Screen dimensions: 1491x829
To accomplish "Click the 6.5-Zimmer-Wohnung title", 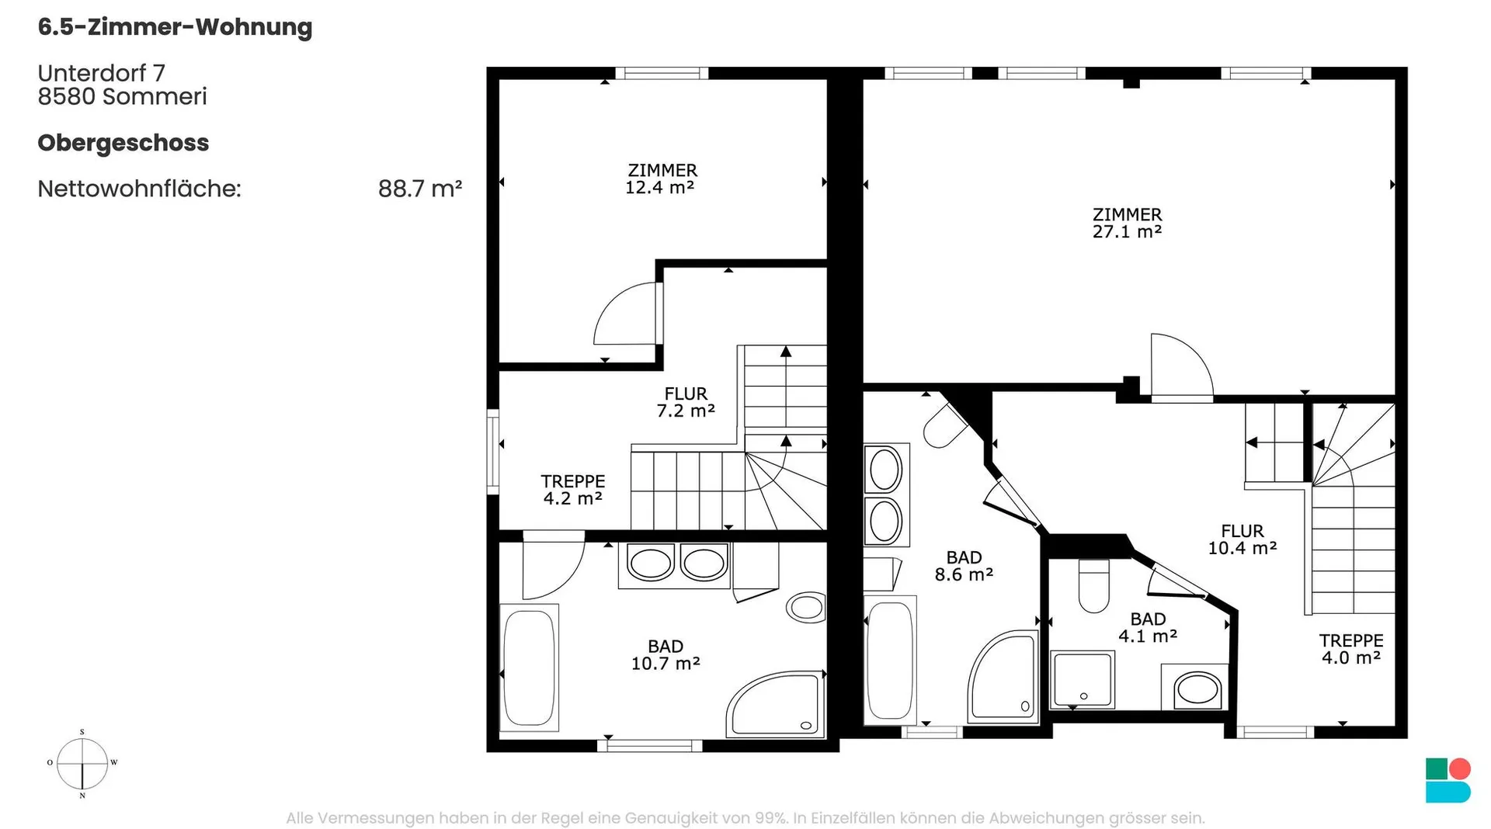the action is pyautogui.click(x=175, y=27).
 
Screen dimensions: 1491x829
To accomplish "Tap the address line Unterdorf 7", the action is pyautogui.click(x=102, y=73).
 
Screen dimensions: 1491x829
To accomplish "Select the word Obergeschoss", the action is pyautogui.click(x=123, y=144).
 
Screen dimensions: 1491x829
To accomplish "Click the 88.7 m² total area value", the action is pyautogui.click(x=420, y=189).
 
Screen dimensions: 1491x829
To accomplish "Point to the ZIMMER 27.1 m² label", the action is pyautogui.click(x=1127, y=223).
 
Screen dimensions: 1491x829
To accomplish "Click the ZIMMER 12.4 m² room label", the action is pyautogui.click(x=662, y=179).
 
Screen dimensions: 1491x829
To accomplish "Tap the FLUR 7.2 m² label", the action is pyautogui.click(x=686, y=402).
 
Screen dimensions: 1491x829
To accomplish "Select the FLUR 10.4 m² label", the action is pyautogui.click(x=1242, y=539).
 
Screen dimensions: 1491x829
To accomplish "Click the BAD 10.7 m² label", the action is pyautogui.click(x=666, y=655).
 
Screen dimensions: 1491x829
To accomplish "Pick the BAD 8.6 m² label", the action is pyautogui.click(x=964, y=566).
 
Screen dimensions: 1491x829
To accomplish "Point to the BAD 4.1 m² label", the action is pyautogui.click(x=1148, y=627).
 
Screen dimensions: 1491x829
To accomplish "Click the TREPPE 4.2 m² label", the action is pyautogui.click(x=573, y=490).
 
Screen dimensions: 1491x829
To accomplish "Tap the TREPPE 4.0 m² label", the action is pyautogui.click(x=1351, y=649).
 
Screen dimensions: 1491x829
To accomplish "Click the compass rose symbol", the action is pyautogui.click(x=82, y=764).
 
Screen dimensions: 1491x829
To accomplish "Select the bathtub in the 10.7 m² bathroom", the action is pyautogui.click(x=529, y=668).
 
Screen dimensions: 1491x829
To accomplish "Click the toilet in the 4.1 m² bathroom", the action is pyautogui.click(x=1094, y=586).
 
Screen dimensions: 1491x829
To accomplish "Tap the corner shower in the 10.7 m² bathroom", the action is pyautogui.click(x=775, y=705).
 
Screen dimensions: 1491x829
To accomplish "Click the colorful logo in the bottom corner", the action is pyautogui.click(x=1448, y=780).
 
